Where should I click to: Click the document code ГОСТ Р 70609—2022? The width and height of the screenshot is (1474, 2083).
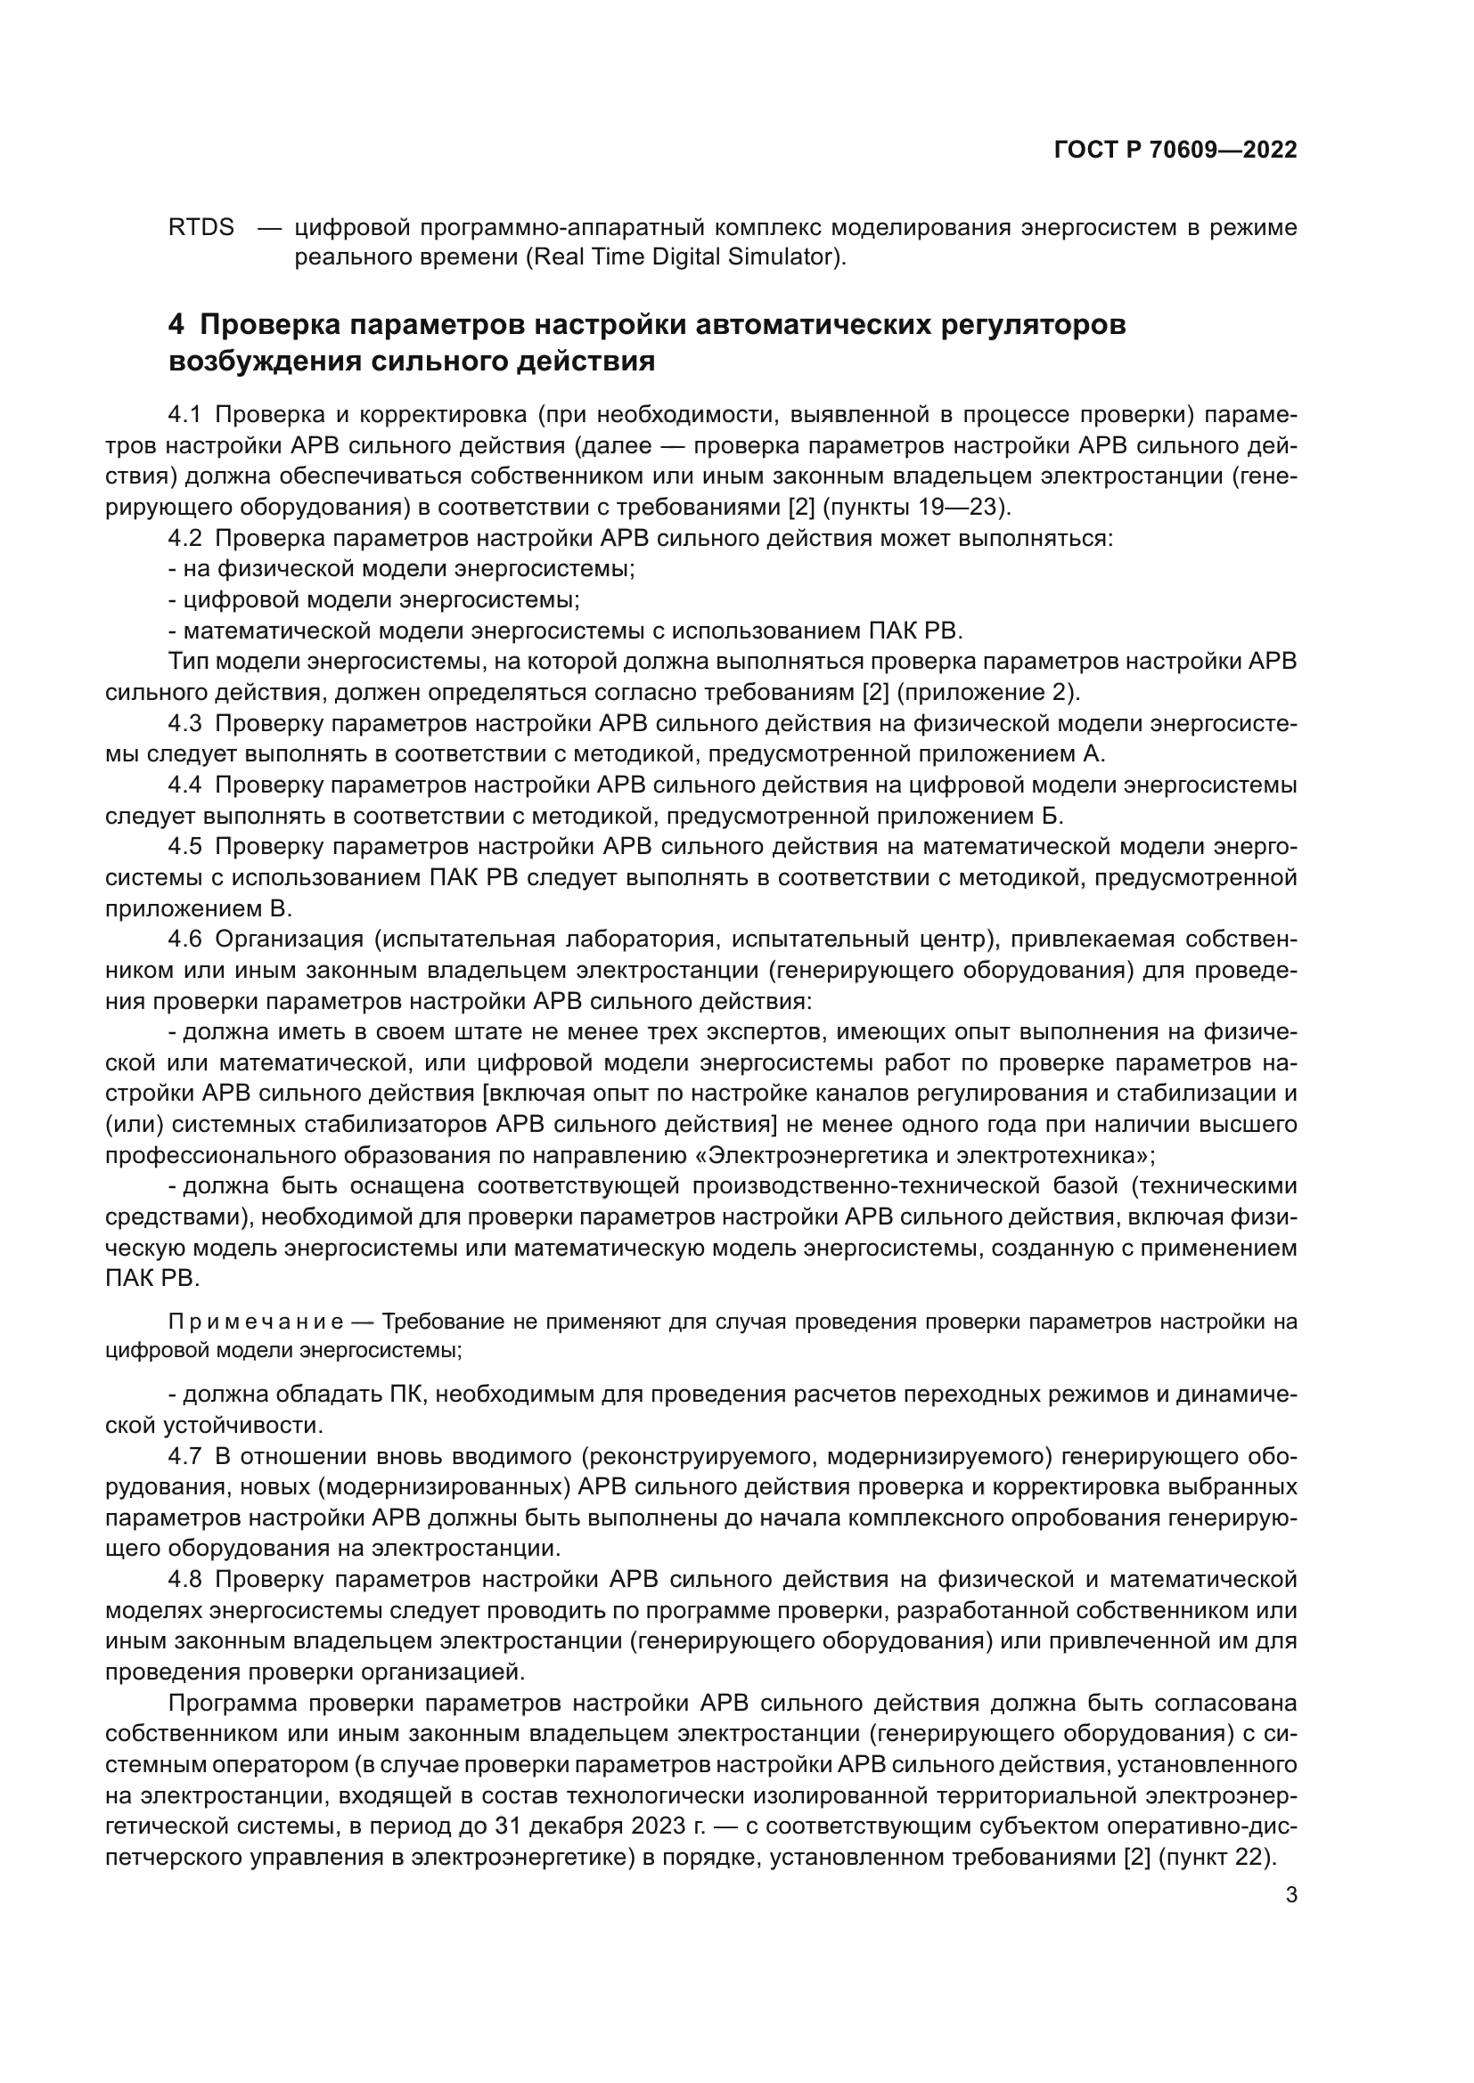1175,151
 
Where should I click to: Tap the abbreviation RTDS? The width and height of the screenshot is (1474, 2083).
201,227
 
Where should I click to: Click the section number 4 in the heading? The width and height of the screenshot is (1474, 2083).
177,325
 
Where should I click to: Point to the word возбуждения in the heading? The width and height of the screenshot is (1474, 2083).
264,362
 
